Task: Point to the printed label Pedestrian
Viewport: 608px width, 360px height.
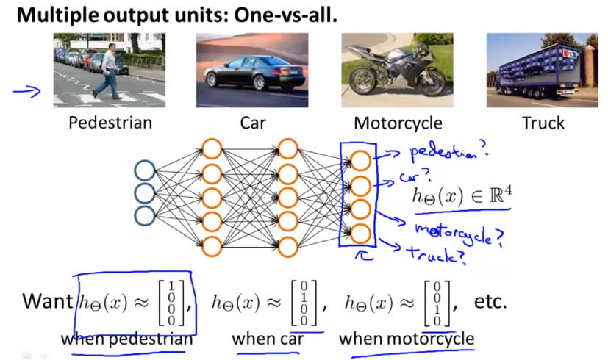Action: pyautogui.click(x=110, y=123)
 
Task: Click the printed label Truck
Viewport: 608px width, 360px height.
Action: pyautogui.click(x=543, y=123)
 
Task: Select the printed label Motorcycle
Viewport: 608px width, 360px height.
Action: pyautogui.click(x=398, y=123)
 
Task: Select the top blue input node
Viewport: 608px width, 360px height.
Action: pyautogui.click(x=145, y=172)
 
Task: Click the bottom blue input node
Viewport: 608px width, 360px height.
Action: pyautogui.click(x=145, y=215)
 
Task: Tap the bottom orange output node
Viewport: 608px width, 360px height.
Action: pyautogui.click(x=360, y=234)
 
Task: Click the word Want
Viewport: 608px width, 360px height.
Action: pyautogui.click(x=46, y=301)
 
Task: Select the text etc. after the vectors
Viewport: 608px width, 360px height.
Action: pyautogui.click(x=492, y=301)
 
